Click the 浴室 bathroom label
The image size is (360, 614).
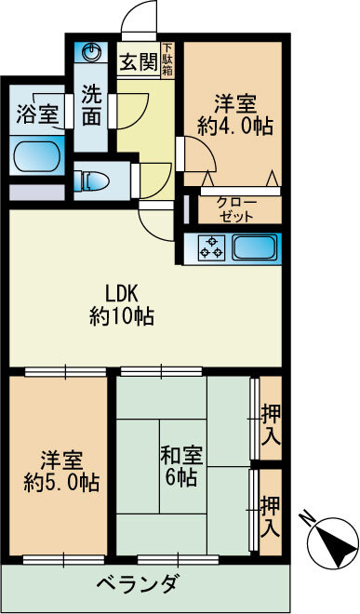coord(37,115)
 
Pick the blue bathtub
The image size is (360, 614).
coord(37,155)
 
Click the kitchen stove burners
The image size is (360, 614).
coord(211,247)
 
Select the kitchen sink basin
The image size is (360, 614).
coord(253,247)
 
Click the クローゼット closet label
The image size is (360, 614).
coord(237,208)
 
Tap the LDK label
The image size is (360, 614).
coord(121,290)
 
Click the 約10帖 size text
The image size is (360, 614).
coord(121,316)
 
